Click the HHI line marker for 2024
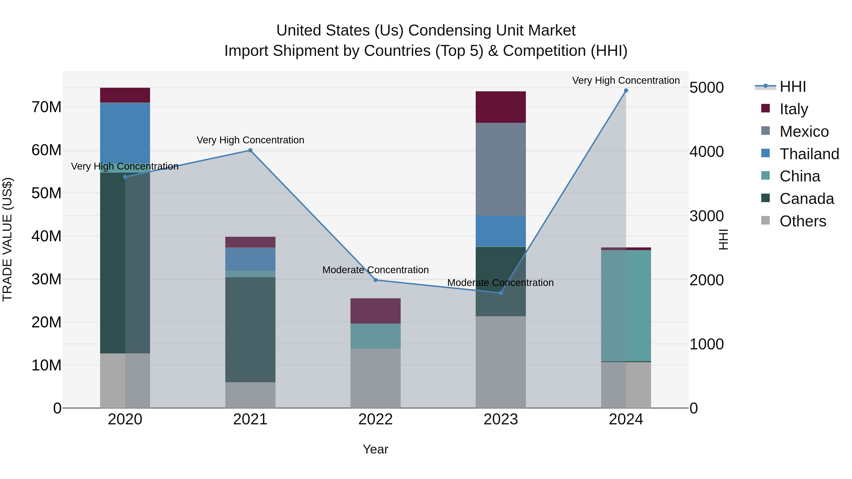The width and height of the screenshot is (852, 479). (626, 91)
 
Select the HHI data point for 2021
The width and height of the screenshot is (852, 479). (250, 150)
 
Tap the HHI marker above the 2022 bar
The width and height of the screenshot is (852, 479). (375, 280)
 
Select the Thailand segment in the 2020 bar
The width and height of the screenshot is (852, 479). (125, 132)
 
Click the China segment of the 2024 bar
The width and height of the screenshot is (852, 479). (626, 306)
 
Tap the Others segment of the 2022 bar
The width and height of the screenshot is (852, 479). (375, 378)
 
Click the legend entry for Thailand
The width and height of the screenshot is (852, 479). (809, 154)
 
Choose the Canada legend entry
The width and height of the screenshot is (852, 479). (806, 199)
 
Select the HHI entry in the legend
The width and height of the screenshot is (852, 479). (792, 87)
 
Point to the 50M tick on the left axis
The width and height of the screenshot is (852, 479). (46, 193)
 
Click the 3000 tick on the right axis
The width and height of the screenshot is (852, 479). (706, 216)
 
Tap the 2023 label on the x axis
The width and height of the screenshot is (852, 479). (500, 419)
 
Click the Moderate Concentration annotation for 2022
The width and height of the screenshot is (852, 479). (375, 270)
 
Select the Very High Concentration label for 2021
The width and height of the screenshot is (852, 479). (250, 140)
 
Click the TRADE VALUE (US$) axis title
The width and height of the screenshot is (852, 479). (7, 239)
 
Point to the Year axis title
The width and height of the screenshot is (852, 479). (375, 449)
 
